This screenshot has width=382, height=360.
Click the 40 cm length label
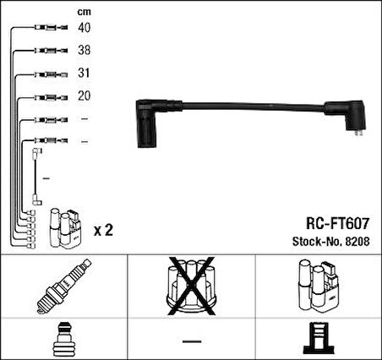point(85,28)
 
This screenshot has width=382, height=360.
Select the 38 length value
point(85,50)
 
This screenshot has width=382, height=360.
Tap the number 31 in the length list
point(84,73)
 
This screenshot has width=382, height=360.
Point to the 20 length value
point(85,95)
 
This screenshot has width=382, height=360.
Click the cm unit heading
point(85,12)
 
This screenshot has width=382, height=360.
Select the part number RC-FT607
point(337,224)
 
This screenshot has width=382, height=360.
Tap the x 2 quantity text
point(103,231)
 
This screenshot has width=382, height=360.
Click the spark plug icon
point(64,286)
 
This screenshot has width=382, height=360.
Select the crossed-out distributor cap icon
point(192,286)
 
